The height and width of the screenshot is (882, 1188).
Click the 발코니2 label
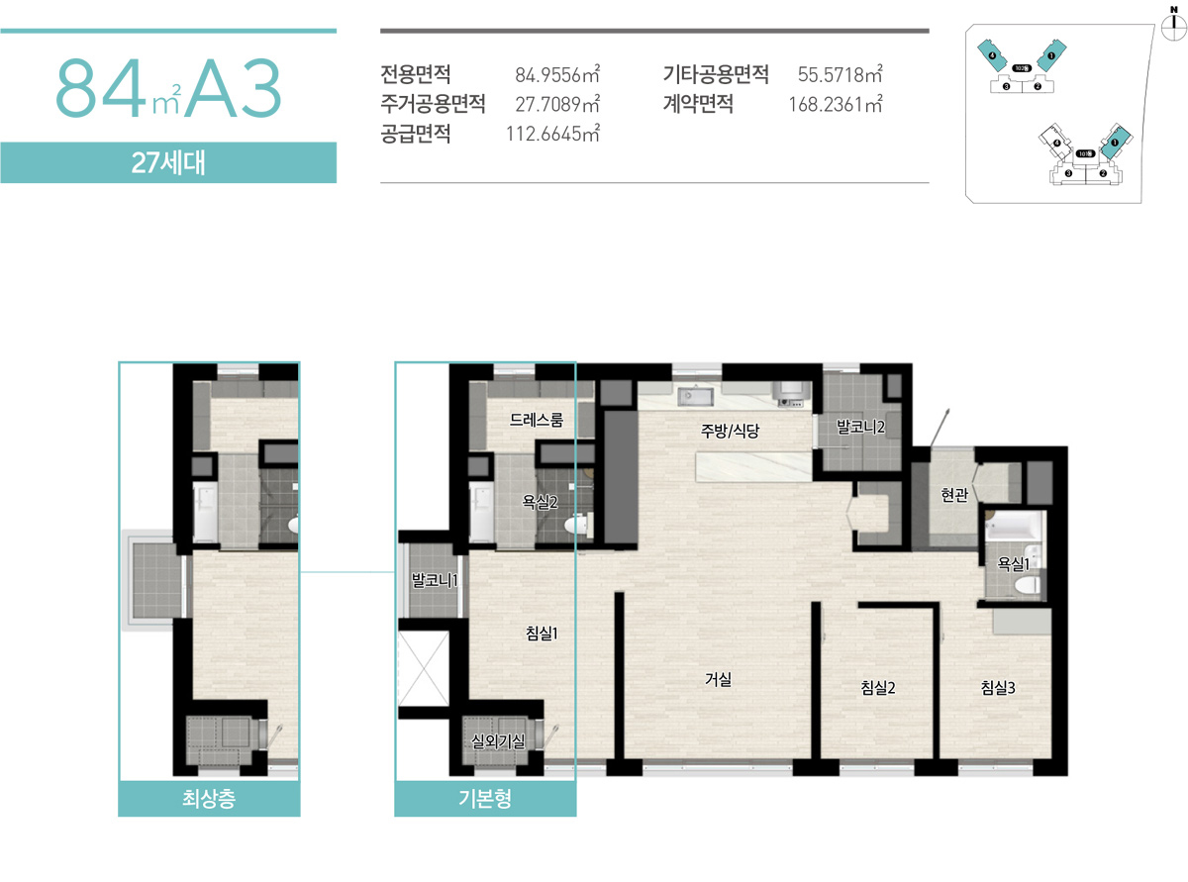coord(859,426)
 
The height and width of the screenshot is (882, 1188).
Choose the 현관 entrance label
coord(953,496)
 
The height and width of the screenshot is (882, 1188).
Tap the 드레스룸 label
coord(537,420)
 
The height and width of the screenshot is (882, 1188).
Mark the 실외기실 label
coord(499,738)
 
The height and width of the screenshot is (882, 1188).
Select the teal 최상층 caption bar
coord(209,799)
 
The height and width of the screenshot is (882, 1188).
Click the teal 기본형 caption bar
coord(485,799)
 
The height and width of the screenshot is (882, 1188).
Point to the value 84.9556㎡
coord(558,74)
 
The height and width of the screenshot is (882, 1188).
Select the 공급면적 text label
coord(415,134)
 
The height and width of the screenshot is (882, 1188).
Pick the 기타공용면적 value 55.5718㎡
coord(840,74)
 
